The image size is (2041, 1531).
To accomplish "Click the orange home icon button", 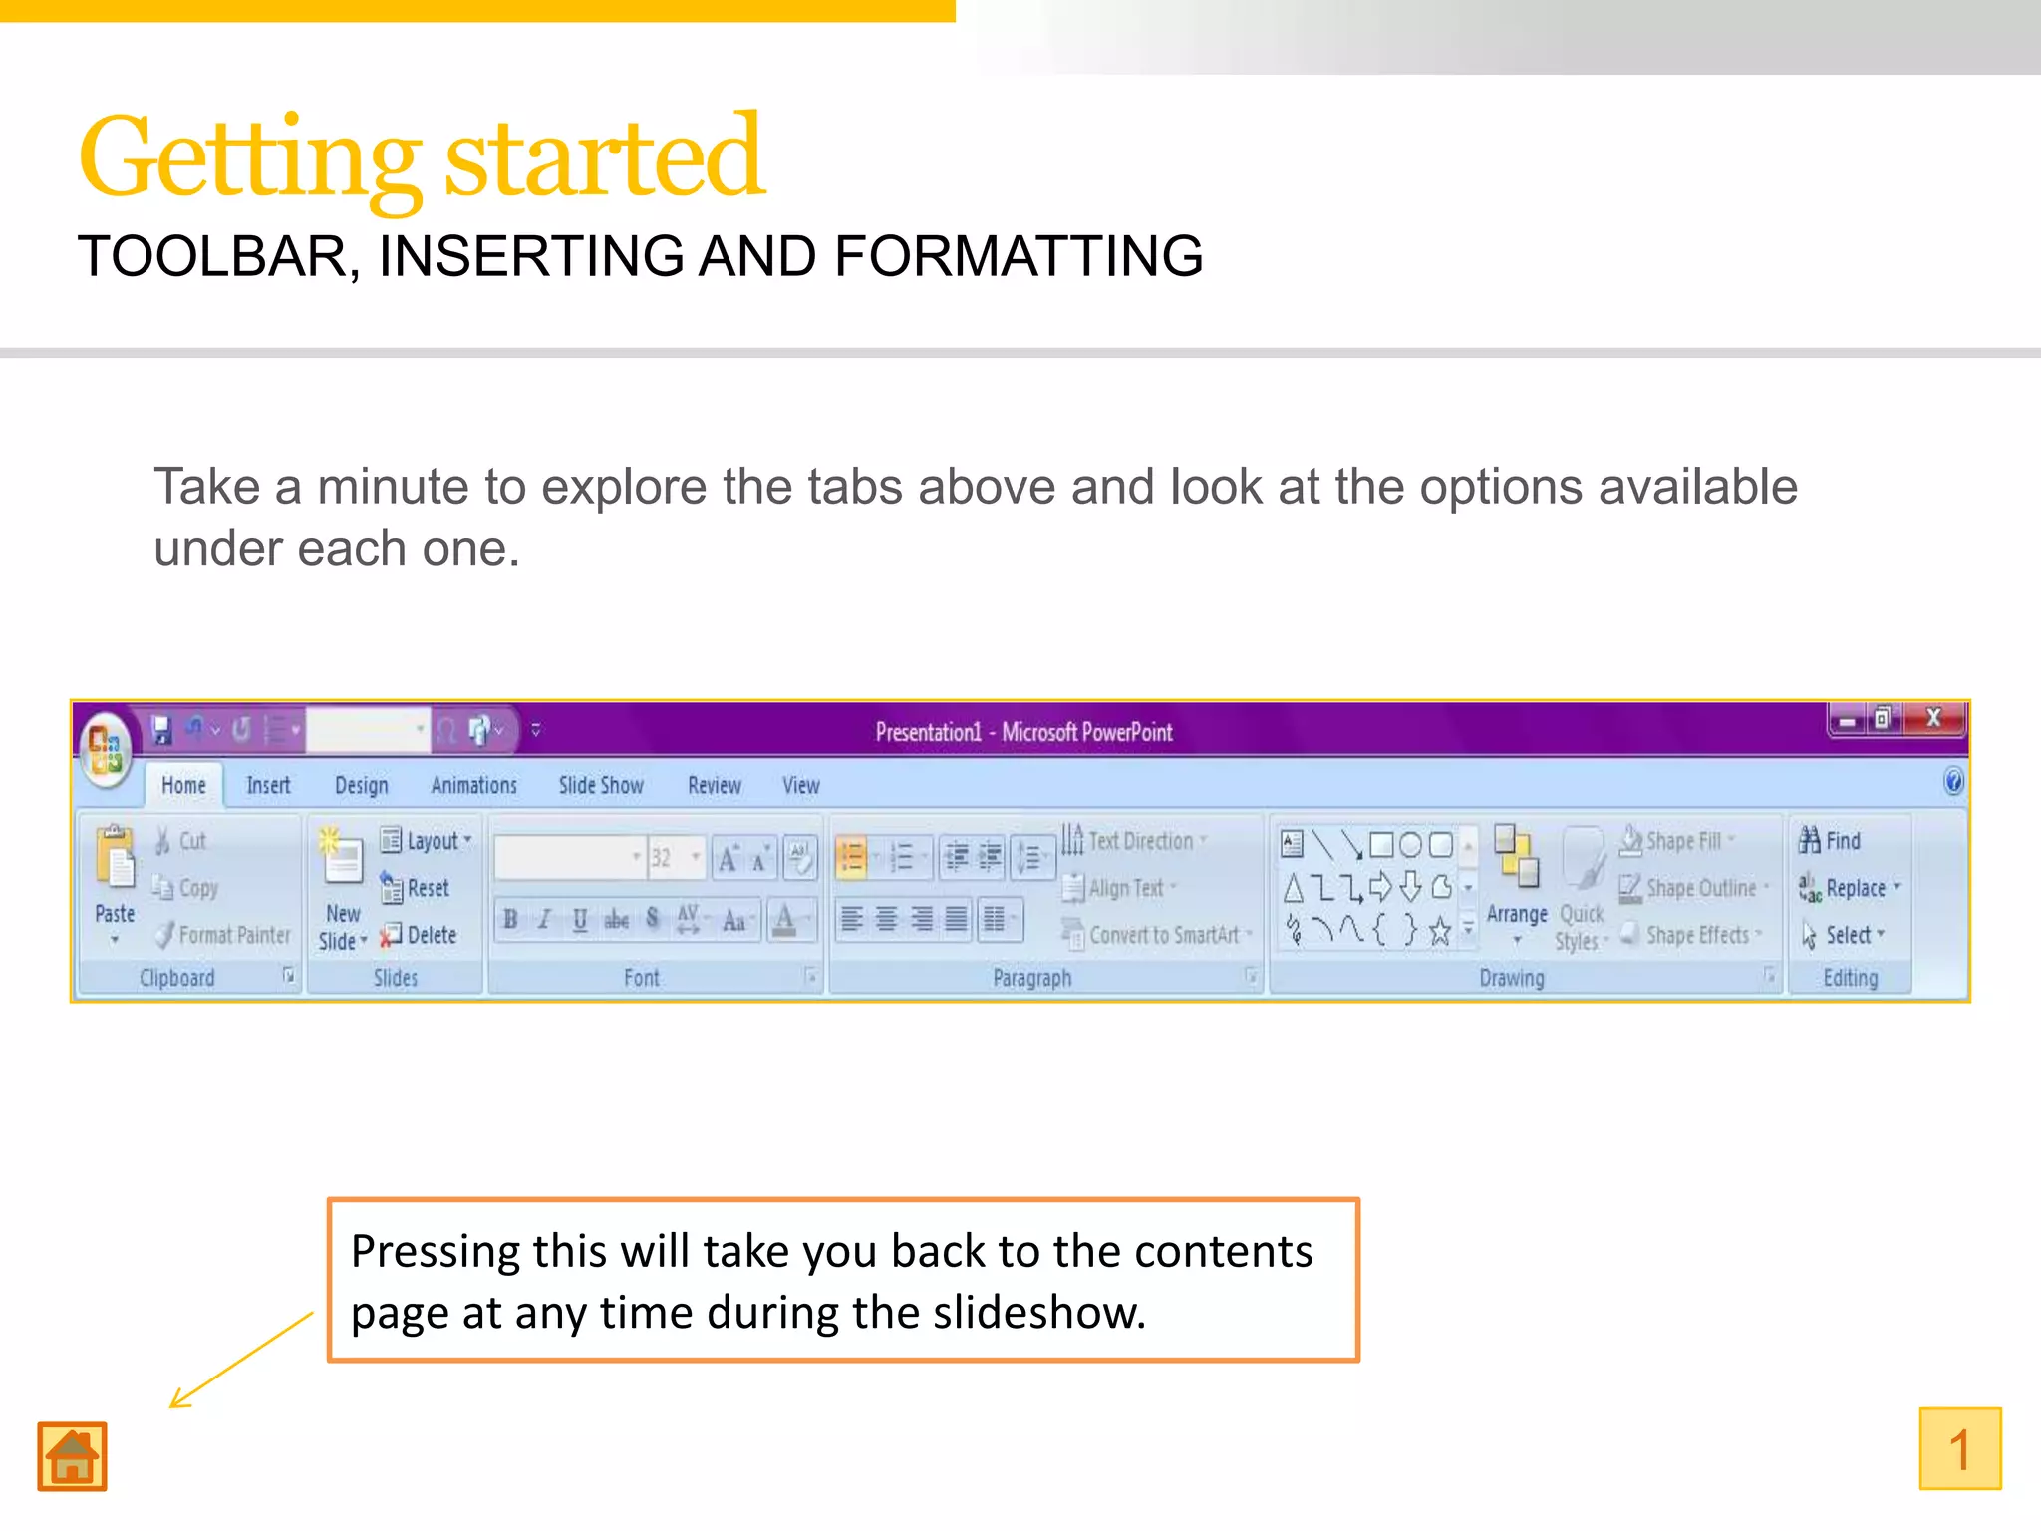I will (72, 1456).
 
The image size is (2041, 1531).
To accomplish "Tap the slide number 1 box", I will (1959, 1448).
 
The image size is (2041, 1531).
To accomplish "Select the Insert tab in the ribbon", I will (268, 785).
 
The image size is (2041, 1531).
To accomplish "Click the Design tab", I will (361, 785).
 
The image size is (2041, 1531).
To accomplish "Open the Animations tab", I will (473, 785).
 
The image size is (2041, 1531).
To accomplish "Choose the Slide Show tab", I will (601, 785).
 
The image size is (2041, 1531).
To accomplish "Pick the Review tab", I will (715, 785).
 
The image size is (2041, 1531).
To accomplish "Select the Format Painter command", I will (224, 934).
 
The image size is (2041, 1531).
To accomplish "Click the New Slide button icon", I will (342, 857).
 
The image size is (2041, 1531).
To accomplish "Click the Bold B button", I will (510, 919).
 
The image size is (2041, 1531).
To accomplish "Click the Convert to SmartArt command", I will (1156, 934).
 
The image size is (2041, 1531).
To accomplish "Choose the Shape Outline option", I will (1692, 887).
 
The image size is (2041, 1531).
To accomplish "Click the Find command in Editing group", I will (1831, 841).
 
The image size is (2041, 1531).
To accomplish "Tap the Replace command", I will (1850, 887).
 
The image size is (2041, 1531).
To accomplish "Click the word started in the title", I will (604, 157).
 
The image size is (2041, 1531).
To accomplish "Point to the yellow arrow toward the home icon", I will (240, 1360).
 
